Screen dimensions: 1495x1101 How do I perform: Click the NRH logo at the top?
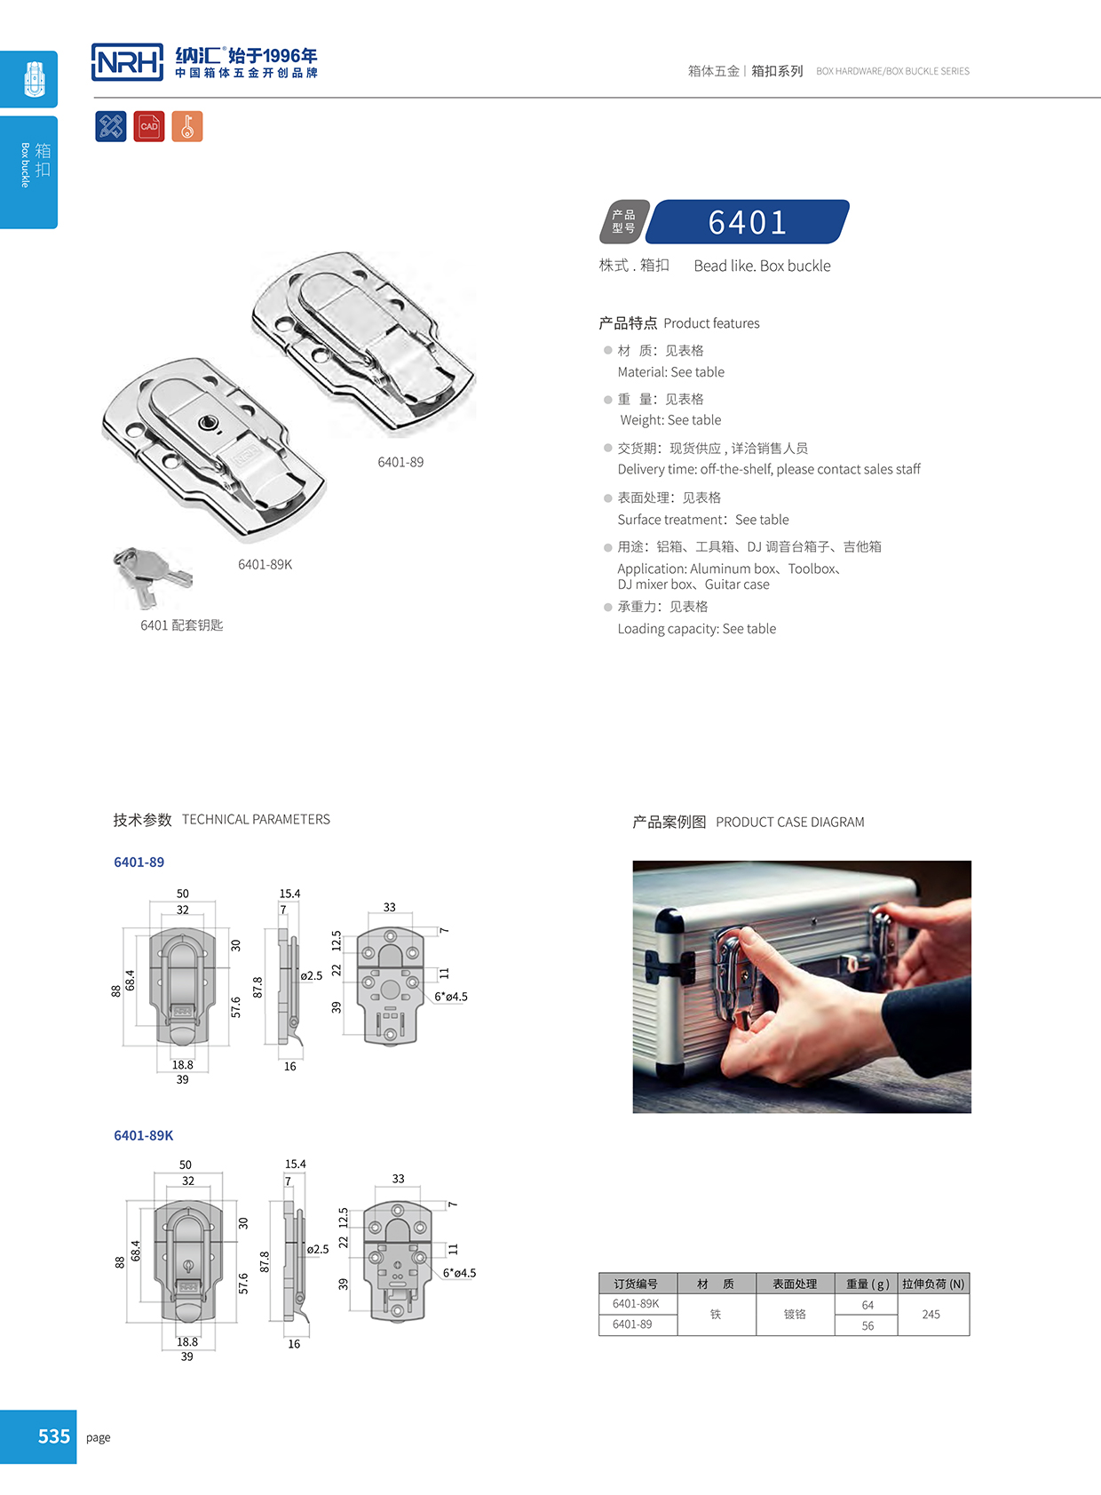tap(127, 62)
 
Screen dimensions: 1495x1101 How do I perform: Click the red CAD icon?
tap(149, 126)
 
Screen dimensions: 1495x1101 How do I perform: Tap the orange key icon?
tap(187, 126)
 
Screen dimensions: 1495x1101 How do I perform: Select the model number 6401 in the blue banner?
tap(747, 222)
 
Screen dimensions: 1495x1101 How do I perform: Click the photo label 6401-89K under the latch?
tap(265, 564)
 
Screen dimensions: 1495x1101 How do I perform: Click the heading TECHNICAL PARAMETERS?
tap(256, 819)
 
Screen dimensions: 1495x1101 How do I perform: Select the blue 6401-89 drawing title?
tap(139, 862)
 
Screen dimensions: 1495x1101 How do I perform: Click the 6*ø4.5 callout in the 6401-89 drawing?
tap(451, 997)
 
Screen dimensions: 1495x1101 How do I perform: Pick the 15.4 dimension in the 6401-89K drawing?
tap(295, 1164)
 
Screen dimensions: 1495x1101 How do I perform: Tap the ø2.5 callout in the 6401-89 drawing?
tap(311, 975)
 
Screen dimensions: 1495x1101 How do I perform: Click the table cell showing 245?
tap(931, 1314)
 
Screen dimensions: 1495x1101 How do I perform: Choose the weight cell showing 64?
tap(867, 1304)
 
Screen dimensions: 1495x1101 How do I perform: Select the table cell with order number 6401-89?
tap(632, 1324)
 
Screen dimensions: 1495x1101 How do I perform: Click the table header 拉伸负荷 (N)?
tap(932, 1284)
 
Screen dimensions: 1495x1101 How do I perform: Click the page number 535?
tap(53, 1436)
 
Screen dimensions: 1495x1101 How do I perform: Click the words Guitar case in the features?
tap(737, 584)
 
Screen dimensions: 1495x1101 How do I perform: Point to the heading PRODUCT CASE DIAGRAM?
tap(789, 822)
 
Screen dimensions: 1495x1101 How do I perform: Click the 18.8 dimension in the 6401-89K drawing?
tap(187, 1341)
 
